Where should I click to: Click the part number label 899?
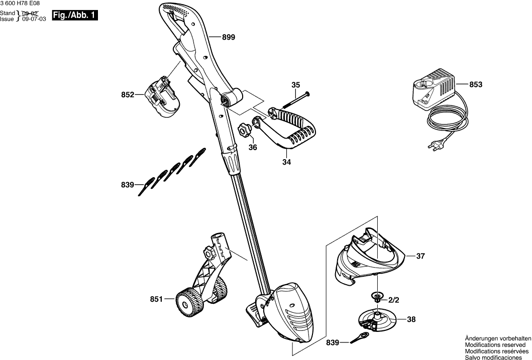pyautogui.click(x=228, y=37)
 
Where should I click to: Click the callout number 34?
pyautogui.click(x=286, y=162)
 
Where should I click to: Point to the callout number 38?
pyautogui.click(x=411, y=319)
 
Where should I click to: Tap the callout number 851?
pyautogui.click(x=157, y=299)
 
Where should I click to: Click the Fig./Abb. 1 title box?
pyautogui.click(x=77, y=16)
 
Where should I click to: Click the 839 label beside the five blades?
pyautogui.click(x=128, y=185)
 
